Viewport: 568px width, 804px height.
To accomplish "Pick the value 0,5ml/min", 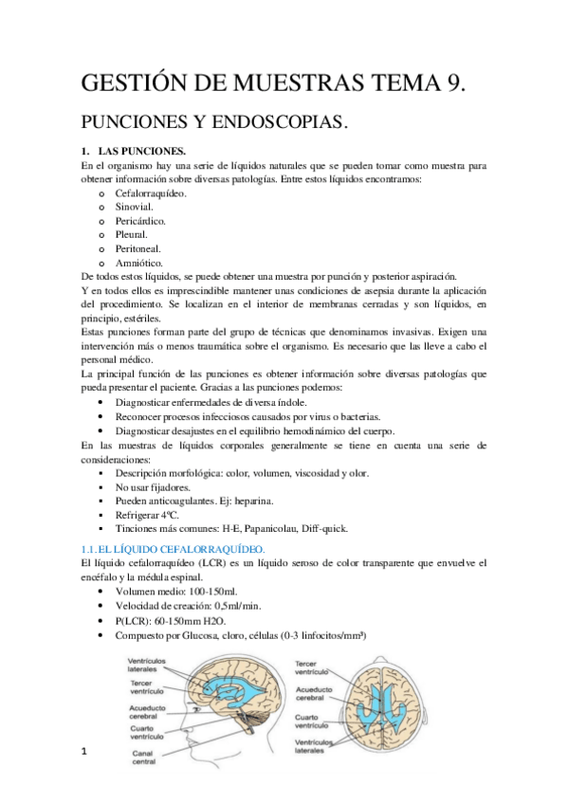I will point(242,607).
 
